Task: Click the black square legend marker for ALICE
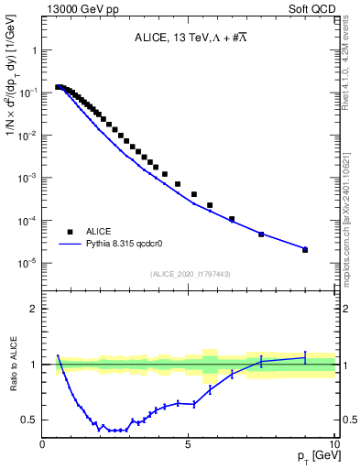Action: click(x=70, y=232)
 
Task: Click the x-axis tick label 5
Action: click(x=189, y=444)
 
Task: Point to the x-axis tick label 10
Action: click(x=333, y=444)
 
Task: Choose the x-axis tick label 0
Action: click(x=43, y=444)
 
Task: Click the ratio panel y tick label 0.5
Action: click(x=29, y=420)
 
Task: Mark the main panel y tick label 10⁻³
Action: click(x=28, y=178)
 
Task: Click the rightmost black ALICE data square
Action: click(x=305, y=249)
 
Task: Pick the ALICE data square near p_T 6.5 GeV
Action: click(x=232, y=219)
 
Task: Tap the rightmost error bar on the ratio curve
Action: click(x=305, y=357)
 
